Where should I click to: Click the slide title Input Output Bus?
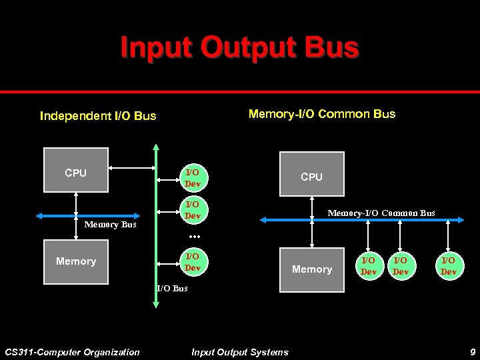239,48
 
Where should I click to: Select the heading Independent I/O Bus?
98,116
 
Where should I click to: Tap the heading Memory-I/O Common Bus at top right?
321,114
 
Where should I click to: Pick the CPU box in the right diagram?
311,174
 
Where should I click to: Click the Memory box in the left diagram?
75,261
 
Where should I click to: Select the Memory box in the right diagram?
311,269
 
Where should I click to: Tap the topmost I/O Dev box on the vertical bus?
192,178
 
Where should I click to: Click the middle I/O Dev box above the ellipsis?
192,210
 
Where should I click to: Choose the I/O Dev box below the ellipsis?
192,262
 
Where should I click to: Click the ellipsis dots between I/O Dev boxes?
194,237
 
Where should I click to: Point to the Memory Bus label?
110,225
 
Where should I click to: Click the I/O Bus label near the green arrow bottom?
172,289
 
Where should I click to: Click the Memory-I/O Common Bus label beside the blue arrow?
381,213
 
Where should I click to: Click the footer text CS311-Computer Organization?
72,352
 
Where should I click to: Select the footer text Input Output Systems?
239,352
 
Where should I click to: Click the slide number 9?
471,352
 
